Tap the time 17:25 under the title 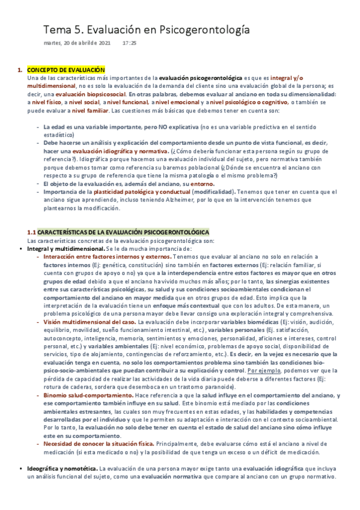click(129, 43)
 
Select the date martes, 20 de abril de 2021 click(77, 43)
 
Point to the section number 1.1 click(32, 232)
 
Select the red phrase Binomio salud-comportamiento click(78, 395)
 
